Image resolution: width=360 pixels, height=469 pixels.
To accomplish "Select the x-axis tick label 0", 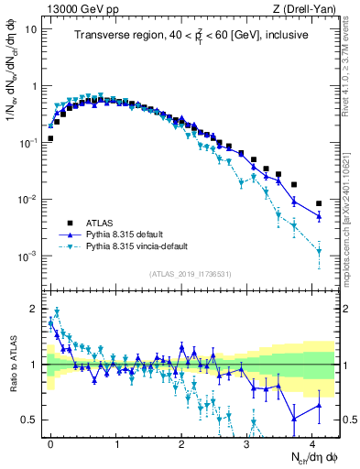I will [50, 442].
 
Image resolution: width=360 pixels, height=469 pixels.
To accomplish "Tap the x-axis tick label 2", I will [181, 442].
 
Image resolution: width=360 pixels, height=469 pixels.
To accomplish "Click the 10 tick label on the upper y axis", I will [32, 28].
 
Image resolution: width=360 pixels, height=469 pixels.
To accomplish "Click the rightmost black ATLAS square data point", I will [319, 203].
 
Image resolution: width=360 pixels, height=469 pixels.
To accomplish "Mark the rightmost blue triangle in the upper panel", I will [319, 216].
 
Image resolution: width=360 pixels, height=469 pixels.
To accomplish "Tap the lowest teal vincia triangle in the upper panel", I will [319, 251].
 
